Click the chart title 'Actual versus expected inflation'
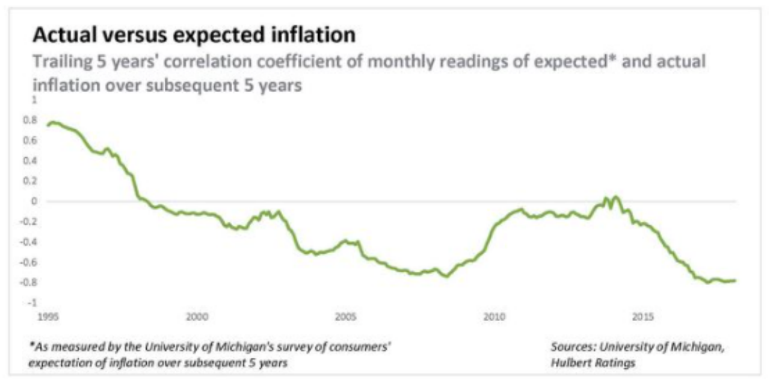point(194,36)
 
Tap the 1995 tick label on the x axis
point(47,316)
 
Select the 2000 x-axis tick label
point(197,316)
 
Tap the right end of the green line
point(735,280)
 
